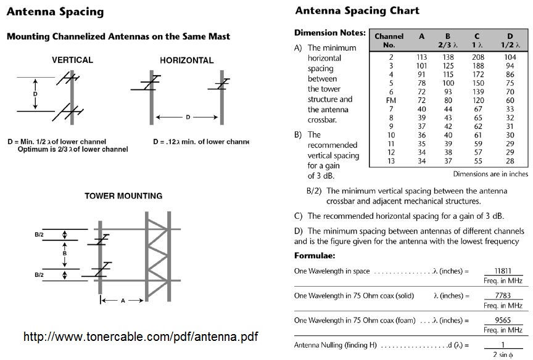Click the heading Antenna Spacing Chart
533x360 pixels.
[357, 10]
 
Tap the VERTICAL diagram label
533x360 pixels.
[72, 60]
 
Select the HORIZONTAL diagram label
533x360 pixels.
[186, 60]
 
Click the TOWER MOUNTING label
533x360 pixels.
[123, 196]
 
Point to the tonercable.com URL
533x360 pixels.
[140, 337]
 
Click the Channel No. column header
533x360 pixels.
[389, 40]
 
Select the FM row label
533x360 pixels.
[390, 100]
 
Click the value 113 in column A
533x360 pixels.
[421, 57]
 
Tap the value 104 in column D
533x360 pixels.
[510, 57]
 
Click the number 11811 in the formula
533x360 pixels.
[503, 270]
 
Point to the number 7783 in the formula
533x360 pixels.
[503, 295]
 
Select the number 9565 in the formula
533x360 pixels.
[503, 320]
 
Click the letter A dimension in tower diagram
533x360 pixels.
[123, 301]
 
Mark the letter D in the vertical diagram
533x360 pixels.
[35, 94]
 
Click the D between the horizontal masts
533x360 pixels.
[188, 117]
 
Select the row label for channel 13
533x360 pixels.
[390, 161]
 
